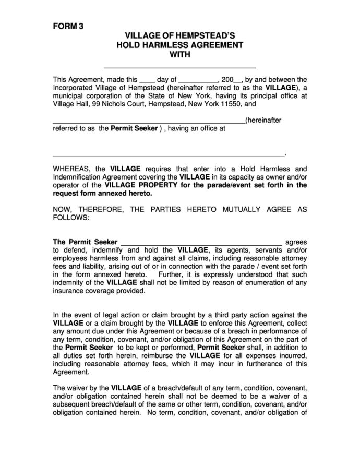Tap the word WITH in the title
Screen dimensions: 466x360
coord(180,54)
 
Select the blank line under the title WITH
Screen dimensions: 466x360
coord(180,67)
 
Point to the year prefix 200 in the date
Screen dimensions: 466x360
coord(227,80)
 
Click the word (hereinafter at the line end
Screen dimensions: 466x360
coord(263,120)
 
